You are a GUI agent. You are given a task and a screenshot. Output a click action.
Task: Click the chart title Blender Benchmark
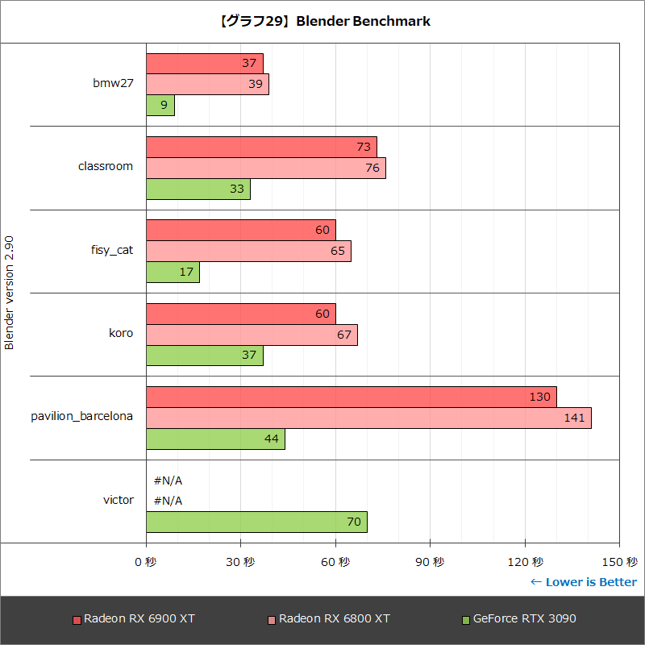pyautogui.click(x=323, y=22)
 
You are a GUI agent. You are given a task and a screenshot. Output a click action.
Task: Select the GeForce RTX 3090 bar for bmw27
pyautogui.click(x=160, y=106)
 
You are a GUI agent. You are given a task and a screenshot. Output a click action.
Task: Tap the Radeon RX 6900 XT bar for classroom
pyautogui.click(x=261, y=147)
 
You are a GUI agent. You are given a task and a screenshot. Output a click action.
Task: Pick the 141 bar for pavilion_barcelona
pyautogui.click(x=368, y=418)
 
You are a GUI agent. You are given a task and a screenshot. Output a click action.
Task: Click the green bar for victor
pyautogui.click(x=256, y=522)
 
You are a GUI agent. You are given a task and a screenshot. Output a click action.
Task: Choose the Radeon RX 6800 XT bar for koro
pyautogui.click(x=252, y=335)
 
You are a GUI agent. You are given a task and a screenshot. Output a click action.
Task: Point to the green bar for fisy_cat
pyautogui.click(x=173, y=273)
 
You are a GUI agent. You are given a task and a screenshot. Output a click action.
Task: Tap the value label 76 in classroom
pyautogui.click(x=372, y=168)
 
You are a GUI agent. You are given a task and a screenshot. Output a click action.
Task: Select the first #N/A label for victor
pyautogui.click(x=168, y=481)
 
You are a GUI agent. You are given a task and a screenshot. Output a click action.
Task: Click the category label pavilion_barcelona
pyautogui.click(x=82, y=417)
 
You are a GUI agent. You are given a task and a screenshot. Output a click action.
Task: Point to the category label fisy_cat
pyautogui.click(x=112, y=250)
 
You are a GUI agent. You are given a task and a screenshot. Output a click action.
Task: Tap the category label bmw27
pyautogui.click(x=114, y=84)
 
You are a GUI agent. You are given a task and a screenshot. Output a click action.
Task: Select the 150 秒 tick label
pyautogui.click(x=620, y=562)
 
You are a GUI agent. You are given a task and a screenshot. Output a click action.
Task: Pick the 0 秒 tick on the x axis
pyautogui.click(x=146, y=562)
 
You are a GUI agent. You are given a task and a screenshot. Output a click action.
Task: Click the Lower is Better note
pyautogui.click(x=584, y=582)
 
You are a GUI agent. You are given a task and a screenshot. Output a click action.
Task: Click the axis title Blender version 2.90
pyautogui.click(x=10, y=292)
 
